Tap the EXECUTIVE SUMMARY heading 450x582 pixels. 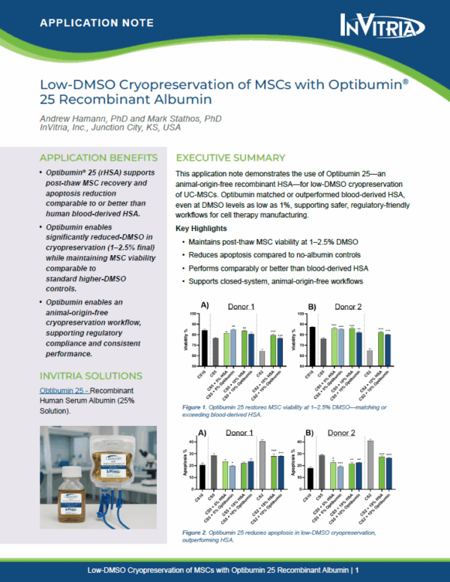point(229,158)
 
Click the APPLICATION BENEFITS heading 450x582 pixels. point(98,158)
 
